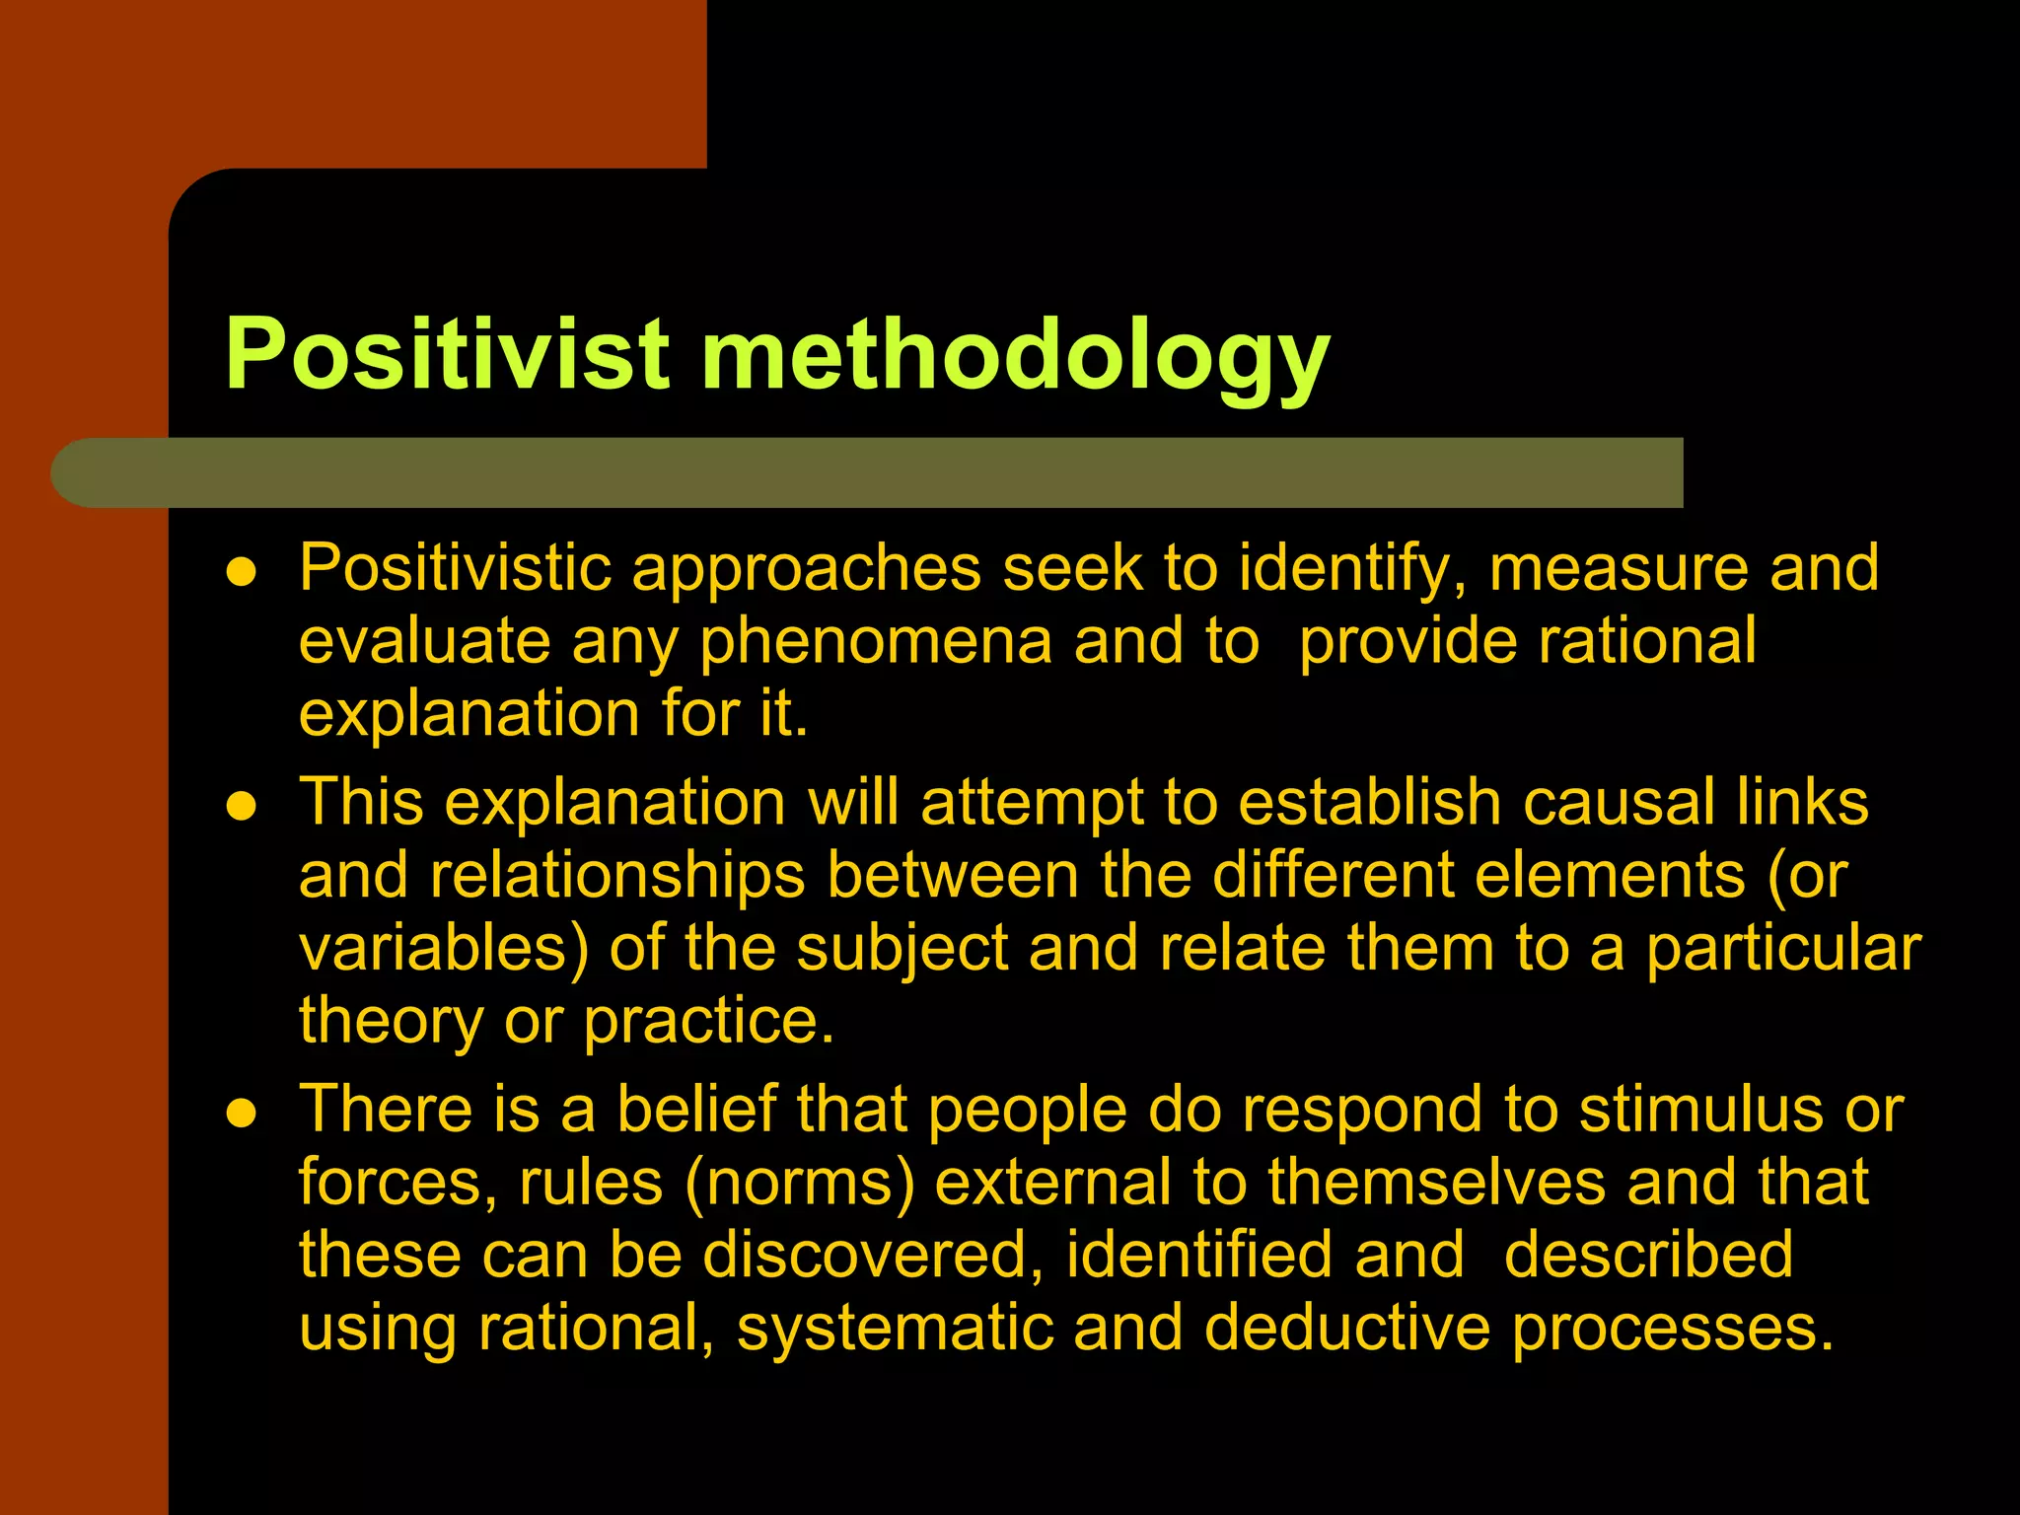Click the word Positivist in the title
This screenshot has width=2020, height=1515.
point(447,355)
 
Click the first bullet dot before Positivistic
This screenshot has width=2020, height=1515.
point(241,572)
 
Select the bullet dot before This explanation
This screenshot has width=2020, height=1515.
point(241,807)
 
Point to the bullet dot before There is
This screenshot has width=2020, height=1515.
point(241,1114)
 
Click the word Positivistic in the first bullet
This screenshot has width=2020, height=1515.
point(455,569)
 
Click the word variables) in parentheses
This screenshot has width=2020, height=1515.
point(444,949)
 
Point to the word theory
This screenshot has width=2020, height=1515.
point(391,1022)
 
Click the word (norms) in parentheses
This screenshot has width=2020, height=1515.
point(800,1183)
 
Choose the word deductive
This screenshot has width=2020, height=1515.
point(1346,1329)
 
